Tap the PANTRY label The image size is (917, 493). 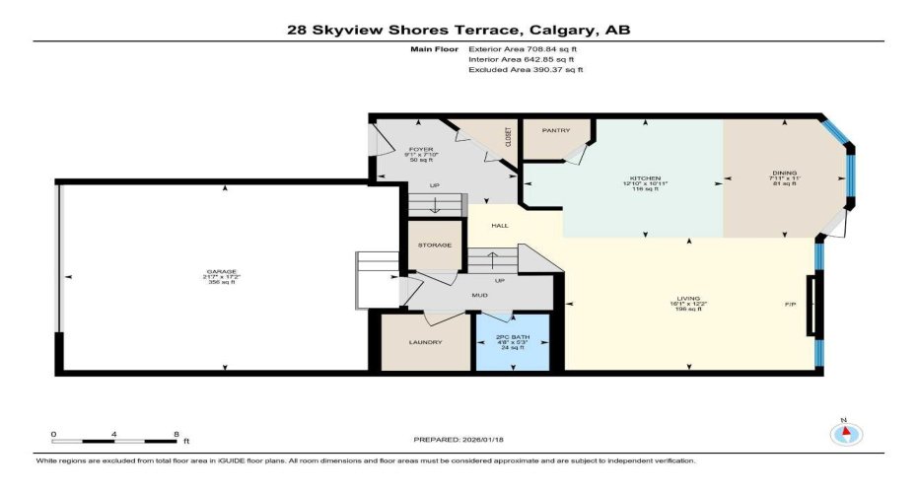pos(554,130)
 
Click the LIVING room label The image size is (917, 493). pos(687,297)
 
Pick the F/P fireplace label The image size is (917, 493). pos(790,305)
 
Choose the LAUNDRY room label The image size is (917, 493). pos(425,342)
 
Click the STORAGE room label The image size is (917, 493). pos(435,245)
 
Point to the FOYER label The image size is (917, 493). pos(421,149)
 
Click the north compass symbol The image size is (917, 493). pos(844,434)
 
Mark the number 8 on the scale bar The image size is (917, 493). pos(176,434)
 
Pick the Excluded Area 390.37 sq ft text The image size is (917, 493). pos(526,70)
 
